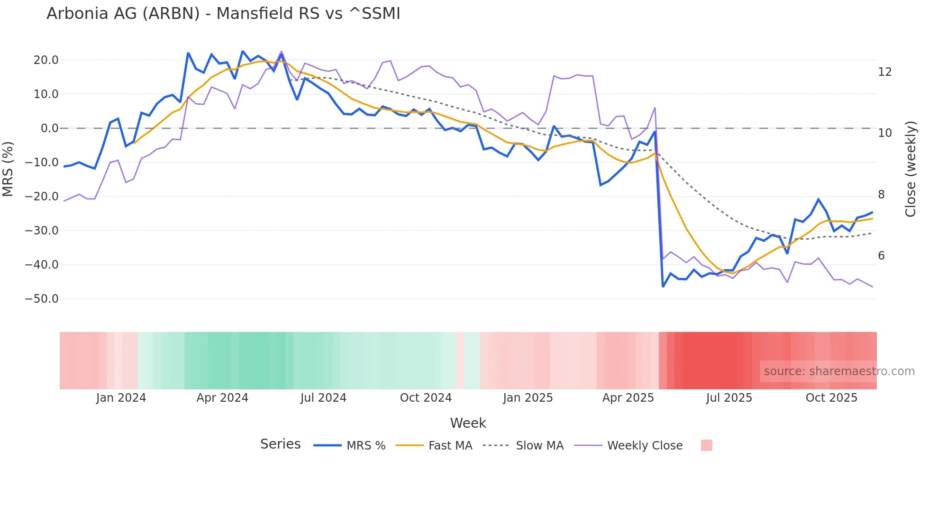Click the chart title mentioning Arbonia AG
(x=223, y=14)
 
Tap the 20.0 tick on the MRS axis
(x=46, y=60)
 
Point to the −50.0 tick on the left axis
(x=42, y=299)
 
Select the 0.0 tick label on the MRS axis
(x=50, y=128)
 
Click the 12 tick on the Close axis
(x=884, y=72)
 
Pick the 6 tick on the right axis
(x=881, y=256)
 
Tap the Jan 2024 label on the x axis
(x=121, y=398)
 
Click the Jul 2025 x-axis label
(x=729, y=398)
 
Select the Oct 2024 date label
(x=426, y=398)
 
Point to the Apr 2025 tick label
(x=628, y=398)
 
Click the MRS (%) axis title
(x=8, y=169)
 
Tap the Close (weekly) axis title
(x=911, y=169)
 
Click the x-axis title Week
(x=468, y=423)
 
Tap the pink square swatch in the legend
(x=706, y=445)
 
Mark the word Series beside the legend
(x=280, y=444)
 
